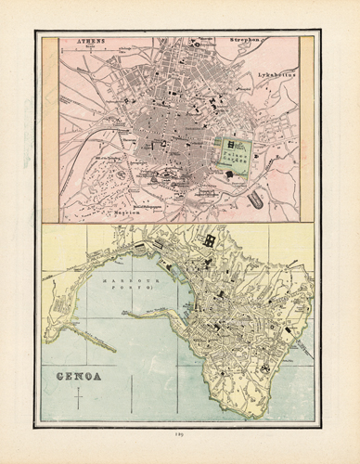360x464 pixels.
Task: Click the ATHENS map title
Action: point(90,42)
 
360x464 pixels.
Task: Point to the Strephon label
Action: point(242,42)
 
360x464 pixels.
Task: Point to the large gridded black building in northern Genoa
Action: point(211,241)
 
